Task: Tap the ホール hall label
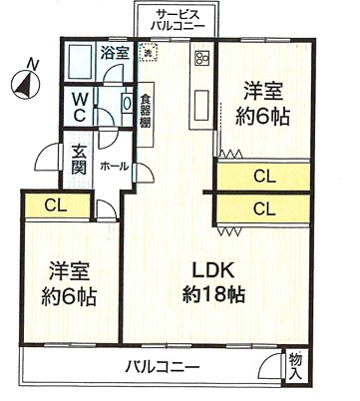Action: [114, 166]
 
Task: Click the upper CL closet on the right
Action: [263, 178]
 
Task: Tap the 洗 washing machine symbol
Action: [150, 54]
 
